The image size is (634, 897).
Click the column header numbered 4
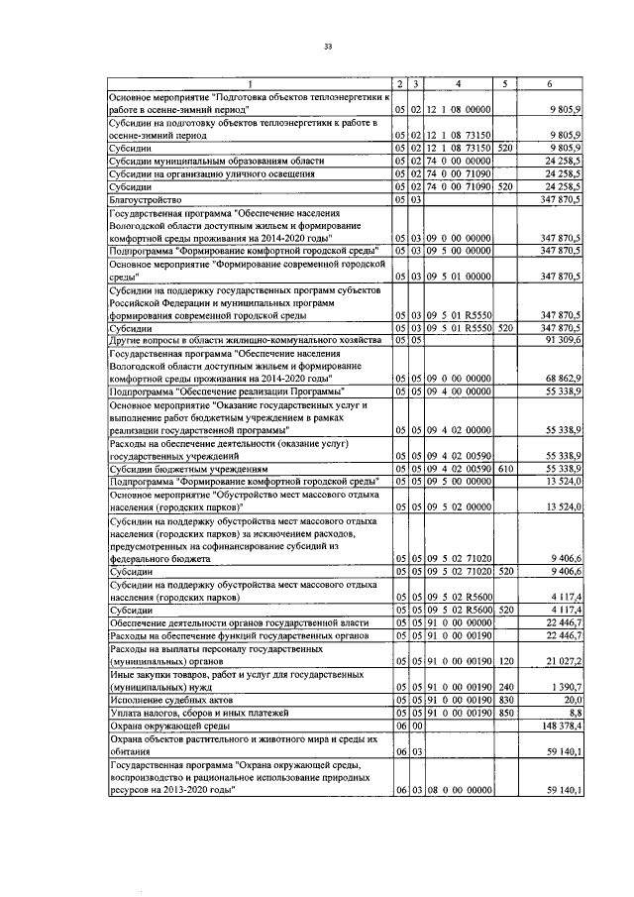(x=459, y=82)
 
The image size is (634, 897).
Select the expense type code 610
(x=505, y=468)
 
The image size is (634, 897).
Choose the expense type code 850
(x=505, y=712)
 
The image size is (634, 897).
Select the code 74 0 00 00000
(x=459, y=160)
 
